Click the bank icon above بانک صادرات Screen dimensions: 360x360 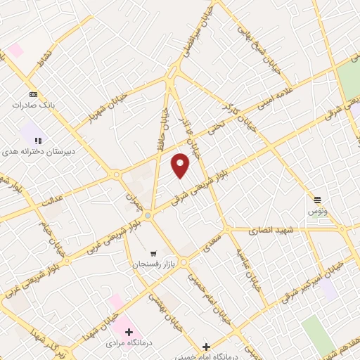click(33, 94)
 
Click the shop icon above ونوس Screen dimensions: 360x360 click(317, 200)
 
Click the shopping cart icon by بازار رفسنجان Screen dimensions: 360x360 click(153, 253)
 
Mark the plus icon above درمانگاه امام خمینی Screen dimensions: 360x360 click(206, 346)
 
